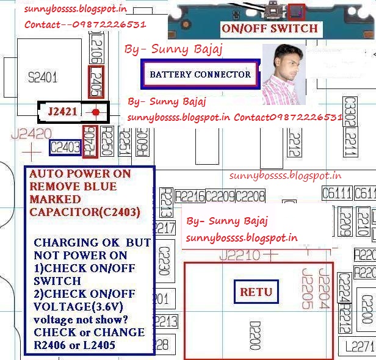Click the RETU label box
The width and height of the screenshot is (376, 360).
(x=256, y=292)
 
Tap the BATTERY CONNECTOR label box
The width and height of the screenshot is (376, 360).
(x=200, y=74)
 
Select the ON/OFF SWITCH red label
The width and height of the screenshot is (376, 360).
(x=270, y=28)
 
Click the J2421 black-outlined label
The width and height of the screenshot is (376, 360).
(x=62, y=112)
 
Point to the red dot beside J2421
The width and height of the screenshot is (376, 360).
(x=96, y=112)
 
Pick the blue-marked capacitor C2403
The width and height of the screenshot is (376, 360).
(x=65, y=147)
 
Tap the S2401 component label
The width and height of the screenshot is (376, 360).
(x=43, y=77)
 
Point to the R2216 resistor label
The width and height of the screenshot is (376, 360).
(x=189, y=196)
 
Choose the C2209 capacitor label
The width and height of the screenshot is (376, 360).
(x=220, y=196)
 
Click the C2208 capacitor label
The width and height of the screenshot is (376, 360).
(x=250, y=196)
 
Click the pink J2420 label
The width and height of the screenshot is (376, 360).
(x=31, y=134)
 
